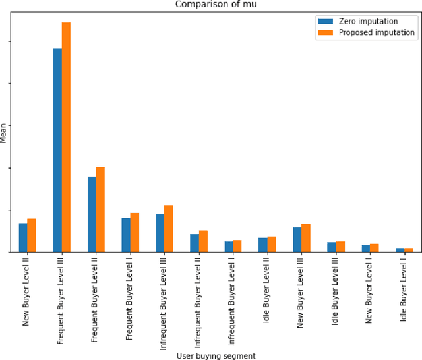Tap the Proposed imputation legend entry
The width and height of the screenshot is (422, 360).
377,32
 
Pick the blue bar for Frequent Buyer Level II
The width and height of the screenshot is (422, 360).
92,214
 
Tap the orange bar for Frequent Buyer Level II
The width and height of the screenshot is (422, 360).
100,210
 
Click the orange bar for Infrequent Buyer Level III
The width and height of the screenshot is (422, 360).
169,229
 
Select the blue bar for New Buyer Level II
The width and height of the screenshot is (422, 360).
23,237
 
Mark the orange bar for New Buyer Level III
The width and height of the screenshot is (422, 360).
306,238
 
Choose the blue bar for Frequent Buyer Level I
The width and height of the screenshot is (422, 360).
126,235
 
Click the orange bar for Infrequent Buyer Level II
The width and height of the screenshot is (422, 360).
203,241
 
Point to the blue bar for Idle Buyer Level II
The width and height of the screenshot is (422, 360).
263,245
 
